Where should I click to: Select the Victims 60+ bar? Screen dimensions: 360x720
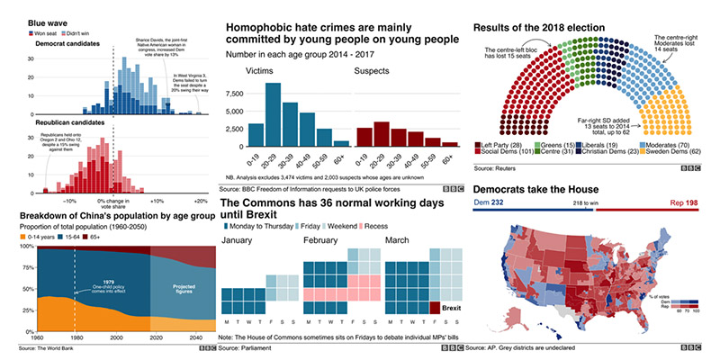click(x=340, y=142)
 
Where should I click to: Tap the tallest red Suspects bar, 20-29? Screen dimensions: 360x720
click(x=382, y=133)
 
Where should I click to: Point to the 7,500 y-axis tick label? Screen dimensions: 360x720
click(x=232, y=94)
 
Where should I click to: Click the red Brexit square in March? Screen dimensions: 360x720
click(x=436, y=307)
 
